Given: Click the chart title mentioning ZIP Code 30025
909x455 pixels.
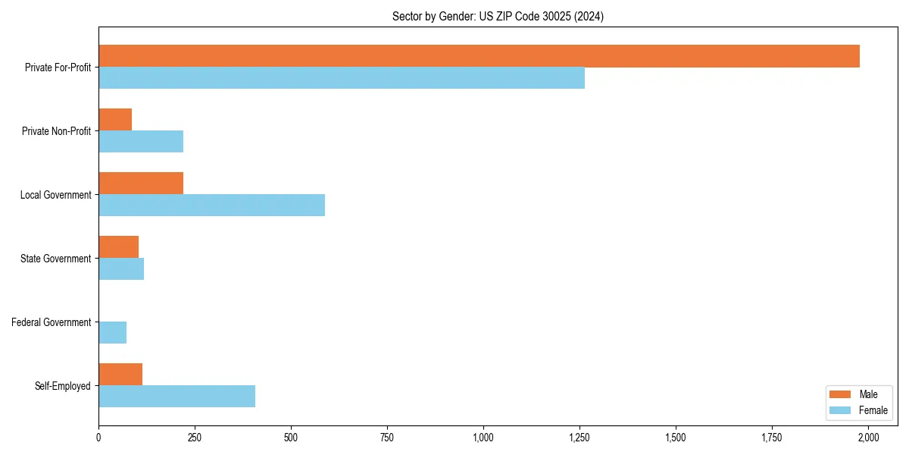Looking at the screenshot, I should click(498, 16).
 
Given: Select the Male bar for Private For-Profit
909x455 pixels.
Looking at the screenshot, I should click(479, 56).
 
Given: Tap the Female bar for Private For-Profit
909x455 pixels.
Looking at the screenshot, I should click(342, 78).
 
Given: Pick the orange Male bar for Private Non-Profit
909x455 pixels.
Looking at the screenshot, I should click(115, 120).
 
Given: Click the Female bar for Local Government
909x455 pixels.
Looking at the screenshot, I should click(211, 206).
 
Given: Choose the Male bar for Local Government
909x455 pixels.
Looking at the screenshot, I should click(141, 184).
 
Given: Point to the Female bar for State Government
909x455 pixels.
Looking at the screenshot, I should click(121, 269).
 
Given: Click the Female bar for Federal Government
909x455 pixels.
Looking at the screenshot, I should click(112, 333).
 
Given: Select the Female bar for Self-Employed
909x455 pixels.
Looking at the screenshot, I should click(176, 397).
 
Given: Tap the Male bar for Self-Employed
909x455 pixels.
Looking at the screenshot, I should click(120, 375).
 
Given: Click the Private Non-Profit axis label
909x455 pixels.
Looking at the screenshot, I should click(56, 131).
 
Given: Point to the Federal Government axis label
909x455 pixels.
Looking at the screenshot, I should click(51, 322).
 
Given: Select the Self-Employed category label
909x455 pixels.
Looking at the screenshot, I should click(62, 386).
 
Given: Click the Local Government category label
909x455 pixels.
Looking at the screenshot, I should click(55, 195).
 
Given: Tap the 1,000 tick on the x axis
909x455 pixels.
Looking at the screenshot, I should click(483, 438).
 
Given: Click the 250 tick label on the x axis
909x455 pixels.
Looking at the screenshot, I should click(195, 438).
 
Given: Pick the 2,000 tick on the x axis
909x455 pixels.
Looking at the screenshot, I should click(868, 438).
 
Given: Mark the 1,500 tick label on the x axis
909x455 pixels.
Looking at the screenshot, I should click(676, 438).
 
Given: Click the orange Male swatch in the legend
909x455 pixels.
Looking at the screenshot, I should click(840, 394).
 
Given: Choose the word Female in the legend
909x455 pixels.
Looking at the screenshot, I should click(873, 410).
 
